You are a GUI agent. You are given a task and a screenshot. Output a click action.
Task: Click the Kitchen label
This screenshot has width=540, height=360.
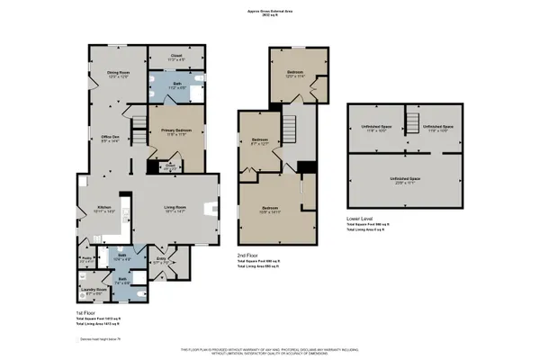point(105,209)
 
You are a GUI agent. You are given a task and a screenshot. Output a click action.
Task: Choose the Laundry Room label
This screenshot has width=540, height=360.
point(94,290)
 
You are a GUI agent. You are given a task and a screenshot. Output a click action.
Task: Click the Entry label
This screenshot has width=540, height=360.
point(162,261)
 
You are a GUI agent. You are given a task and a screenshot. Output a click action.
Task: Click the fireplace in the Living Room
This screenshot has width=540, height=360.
point(213,210)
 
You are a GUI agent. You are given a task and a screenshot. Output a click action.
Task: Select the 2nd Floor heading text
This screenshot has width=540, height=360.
point(248,256)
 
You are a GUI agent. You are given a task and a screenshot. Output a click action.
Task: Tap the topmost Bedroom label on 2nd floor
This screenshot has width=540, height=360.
point(295,73)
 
